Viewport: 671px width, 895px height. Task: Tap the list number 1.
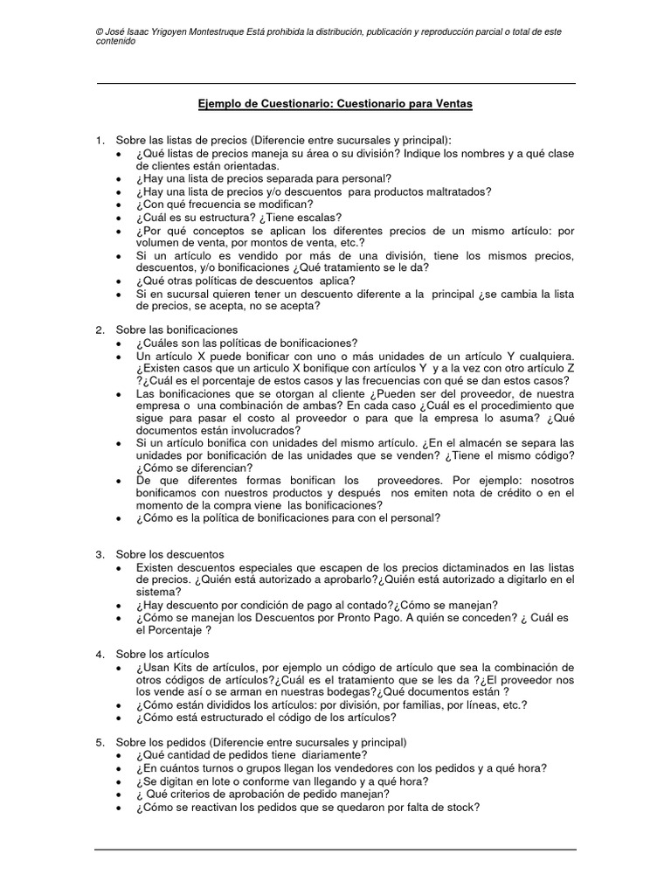click(100, 140)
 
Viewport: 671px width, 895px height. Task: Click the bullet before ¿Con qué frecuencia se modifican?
click(119, 205)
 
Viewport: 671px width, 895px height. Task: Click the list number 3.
click(100, 554)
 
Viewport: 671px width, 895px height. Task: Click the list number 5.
click(100, 742)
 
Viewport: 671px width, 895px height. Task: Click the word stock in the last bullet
click(459, 807)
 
